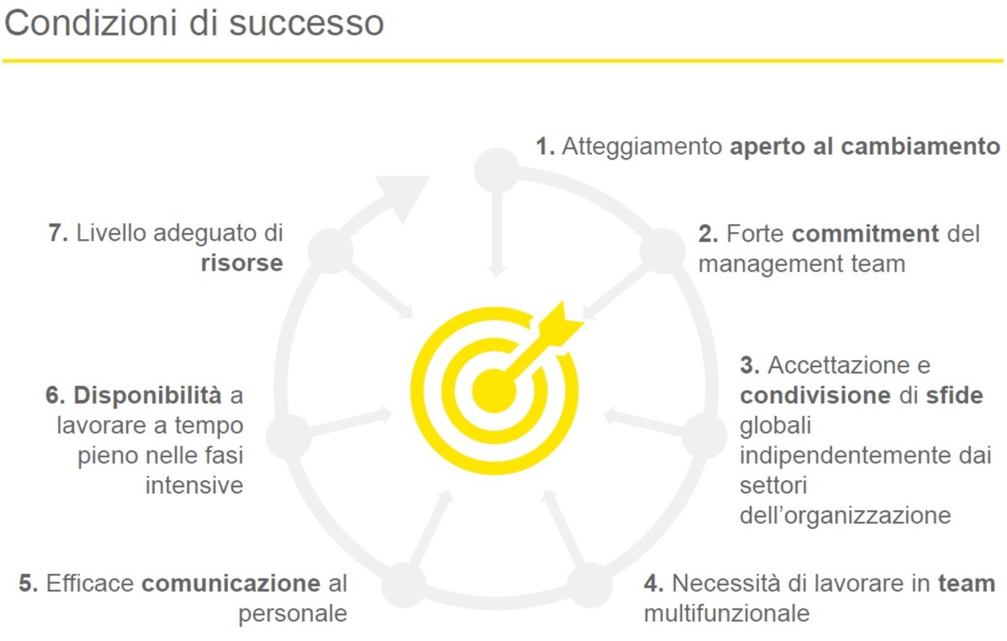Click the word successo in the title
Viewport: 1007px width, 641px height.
306,24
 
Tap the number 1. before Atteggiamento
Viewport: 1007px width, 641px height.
545,147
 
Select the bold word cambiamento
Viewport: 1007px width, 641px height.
920,147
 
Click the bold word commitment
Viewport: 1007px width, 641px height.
865,234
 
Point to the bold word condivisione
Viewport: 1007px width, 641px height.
815,395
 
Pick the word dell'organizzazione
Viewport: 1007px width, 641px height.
845,515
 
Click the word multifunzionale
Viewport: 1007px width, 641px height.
726,614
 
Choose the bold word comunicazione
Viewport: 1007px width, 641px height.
231,584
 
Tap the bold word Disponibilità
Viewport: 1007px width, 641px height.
147,395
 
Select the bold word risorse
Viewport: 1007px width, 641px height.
242,263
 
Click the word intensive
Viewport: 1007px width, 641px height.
194,486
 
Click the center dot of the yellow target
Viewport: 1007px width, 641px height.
494,391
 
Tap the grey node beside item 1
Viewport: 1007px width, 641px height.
497,170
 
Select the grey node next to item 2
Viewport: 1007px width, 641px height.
662,251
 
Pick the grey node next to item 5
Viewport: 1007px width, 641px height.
404,585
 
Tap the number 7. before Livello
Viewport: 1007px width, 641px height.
58,233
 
